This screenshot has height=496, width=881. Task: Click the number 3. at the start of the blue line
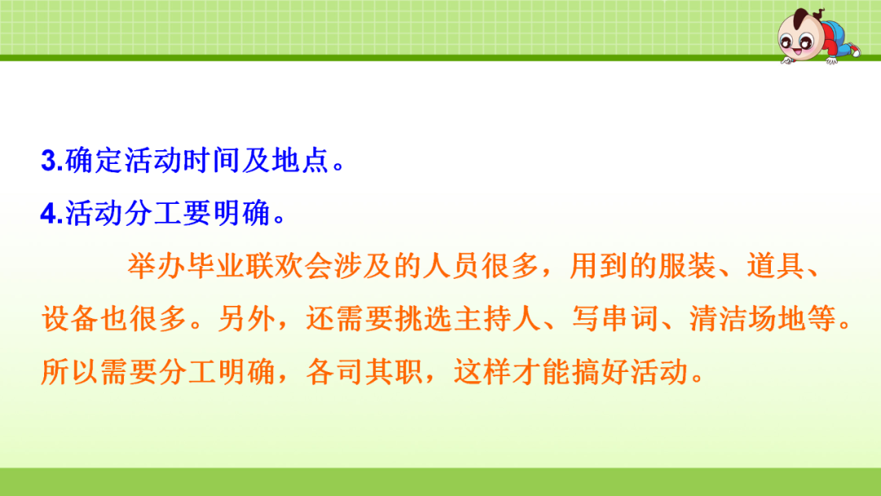coord(52,161)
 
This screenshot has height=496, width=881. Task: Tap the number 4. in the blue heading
coord(52,214)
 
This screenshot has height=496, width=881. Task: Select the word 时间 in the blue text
coord(211,161)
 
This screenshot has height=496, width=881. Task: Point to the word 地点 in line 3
coord(300,161)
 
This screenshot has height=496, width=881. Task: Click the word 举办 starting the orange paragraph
coord(157,266)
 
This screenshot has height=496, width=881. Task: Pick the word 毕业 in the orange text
coord(215,266)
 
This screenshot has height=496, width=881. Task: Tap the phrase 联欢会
coord(290,266)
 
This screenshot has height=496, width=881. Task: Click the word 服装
coord(687,266)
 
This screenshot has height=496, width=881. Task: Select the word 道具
coord(776,266)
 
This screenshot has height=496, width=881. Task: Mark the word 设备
coord(70,318)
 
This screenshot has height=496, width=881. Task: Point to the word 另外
coord(246,318)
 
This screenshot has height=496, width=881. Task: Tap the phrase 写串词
coord(615,318)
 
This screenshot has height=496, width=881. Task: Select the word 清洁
coord(718,318)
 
